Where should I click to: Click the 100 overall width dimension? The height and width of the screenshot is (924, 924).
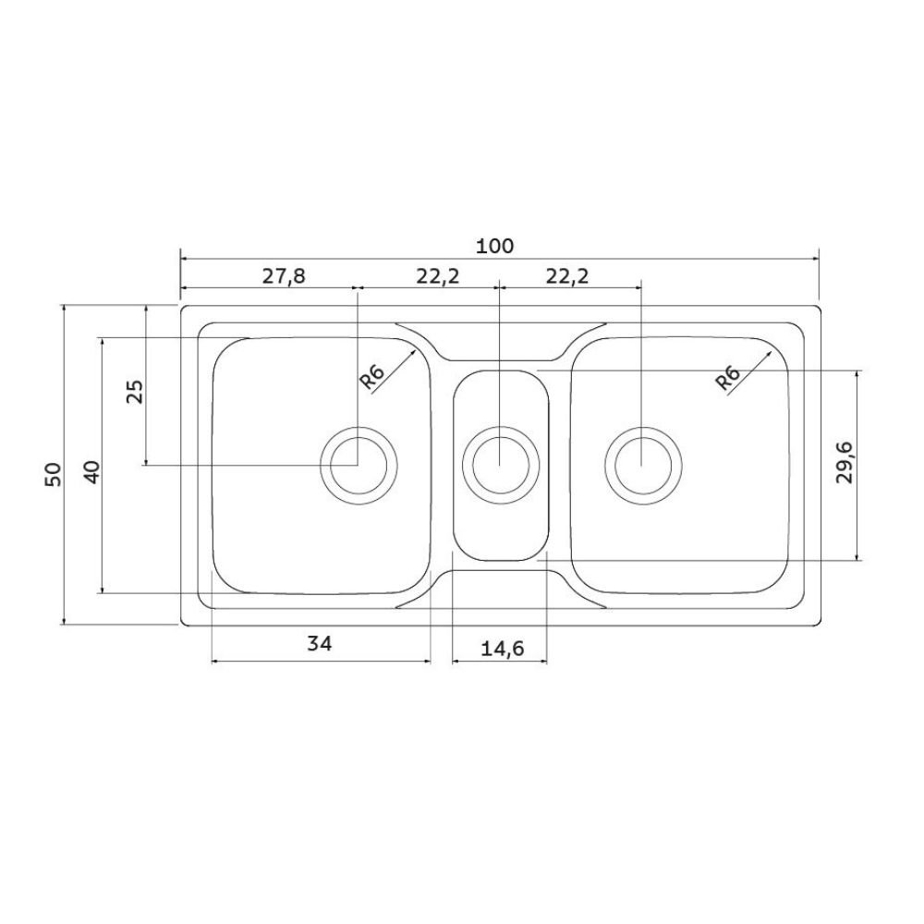pos(494,246)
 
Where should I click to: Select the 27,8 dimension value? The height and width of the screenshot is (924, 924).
pos(284,275)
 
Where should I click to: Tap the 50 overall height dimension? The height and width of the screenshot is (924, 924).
pos(53,474)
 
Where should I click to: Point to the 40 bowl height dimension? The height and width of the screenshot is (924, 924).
pos(93,472)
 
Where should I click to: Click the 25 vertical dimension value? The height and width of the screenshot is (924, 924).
pos(135,391)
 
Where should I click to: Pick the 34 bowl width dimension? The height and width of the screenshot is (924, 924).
pos(320,643)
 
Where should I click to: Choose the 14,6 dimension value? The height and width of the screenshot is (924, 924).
pos(502,649)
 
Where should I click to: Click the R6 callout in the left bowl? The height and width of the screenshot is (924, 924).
pos(371,377)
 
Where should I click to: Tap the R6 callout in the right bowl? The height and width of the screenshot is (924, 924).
pos(727,378)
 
